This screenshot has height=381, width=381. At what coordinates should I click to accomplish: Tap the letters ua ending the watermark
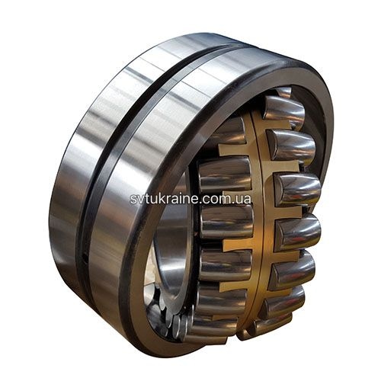pyautogui.click(x=245, y=200)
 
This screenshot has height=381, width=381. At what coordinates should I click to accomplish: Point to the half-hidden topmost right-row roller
pyautogui.click(x=283, y=92)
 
